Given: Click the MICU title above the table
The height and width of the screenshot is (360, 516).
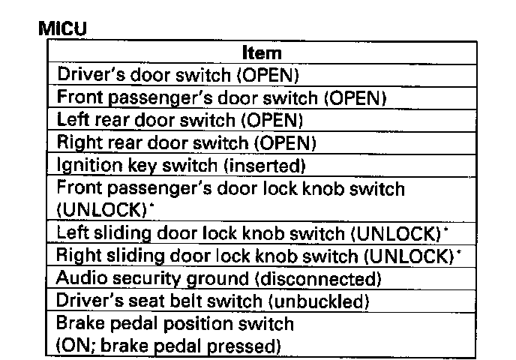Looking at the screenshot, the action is tap(62, 29).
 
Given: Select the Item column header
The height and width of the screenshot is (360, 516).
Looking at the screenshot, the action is tap(262, 52).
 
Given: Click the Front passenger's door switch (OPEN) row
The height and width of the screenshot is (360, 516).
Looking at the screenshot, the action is tap(221, 97).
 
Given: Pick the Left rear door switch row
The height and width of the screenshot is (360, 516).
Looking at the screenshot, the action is tap(179, 120).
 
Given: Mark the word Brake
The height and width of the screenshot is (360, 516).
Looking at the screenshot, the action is tap(78, 324).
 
